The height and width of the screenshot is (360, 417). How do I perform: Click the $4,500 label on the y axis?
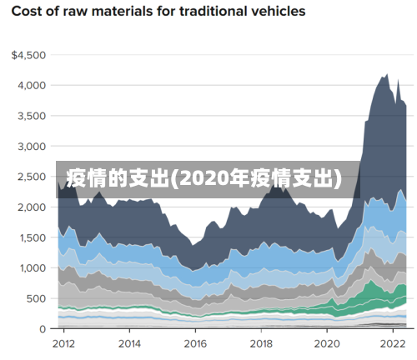click(28, 55)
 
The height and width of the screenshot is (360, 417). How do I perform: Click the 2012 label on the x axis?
click(63, 342)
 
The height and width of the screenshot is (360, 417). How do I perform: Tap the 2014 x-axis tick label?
click(129, 342)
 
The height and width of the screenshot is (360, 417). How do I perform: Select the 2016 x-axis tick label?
click(195, 342)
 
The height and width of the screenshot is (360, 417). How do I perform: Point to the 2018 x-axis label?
click(261, 342)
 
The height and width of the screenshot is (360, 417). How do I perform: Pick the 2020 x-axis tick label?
click(327, 342)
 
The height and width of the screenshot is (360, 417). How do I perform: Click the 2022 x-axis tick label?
click(392, 342)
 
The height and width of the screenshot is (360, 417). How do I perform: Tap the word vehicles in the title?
click(274, 12)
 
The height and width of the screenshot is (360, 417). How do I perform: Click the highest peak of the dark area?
click(385, 74)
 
